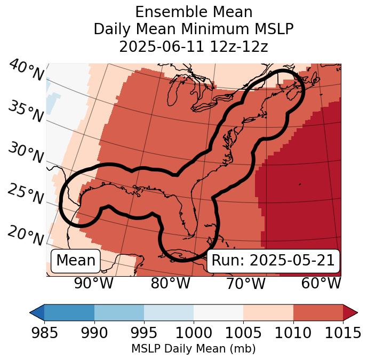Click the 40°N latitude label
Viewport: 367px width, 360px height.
(26, 71)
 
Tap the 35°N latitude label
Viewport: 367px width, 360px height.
(25, 111)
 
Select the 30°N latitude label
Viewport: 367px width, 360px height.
(25, 153)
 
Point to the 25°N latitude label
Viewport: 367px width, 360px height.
(25, 194)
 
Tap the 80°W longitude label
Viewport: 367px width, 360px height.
(170, 284)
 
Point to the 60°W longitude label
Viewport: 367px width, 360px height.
(321, 284)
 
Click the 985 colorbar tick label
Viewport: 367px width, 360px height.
(44, 333)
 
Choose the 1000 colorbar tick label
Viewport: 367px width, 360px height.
(194, 333)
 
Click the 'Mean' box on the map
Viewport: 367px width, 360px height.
(76, 261)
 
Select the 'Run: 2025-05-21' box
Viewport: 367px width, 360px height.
(273, 261)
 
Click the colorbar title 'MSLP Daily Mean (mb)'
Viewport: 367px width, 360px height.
(194, 349)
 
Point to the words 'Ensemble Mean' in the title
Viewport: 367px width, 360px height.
(194, 12)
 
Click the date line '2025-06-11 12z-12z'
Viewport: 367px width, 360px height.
(194, 46)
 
